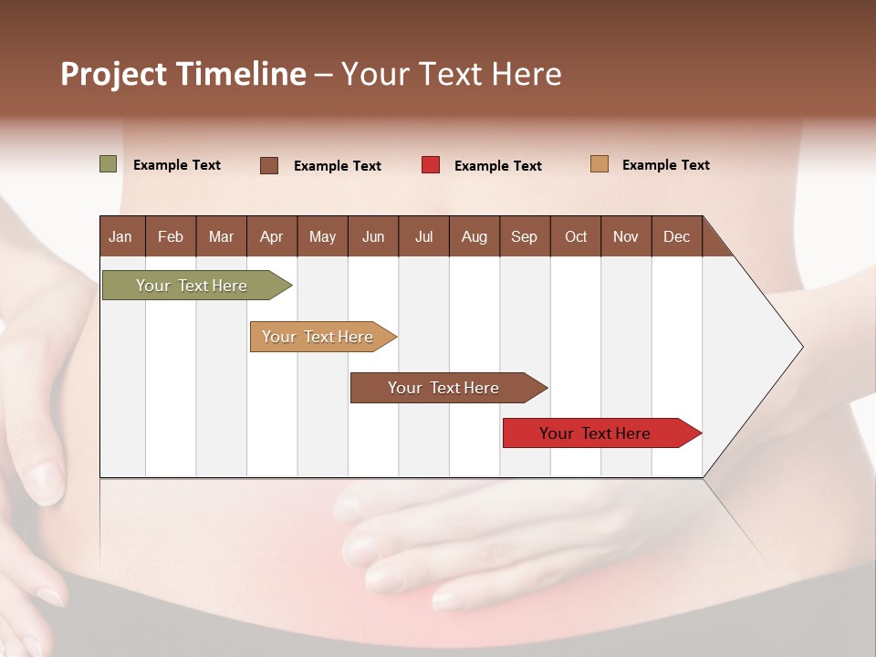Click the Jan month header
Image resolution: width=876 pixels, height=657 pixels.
click(x=120, y=236)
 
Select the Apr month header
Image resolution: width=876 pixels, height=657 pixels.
click(x=271, y=236)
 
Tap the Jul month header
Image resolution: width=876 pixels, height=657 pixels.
click(x=423, y=236)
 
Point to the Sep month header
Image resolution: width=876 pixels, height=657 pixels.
click(x=524, y=236)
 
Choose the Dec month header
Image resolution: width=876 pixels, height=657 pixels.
click(x=676, y=236)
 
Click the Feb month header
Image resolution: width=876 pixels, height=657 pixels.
click(x=171, y=236)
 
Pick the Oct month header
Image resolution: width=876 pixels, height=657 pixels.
click(x=576, y=236)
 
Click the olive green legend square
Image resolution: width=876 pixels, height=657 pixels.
click(x=109, y=164)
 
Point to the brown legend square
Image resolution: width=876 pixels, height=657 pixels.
click(x=269, y=165)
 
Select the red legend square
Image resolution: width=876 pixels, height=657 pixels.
click(x=431, y=165)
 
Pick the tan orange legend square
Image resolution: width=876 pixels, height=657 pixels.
click(x=600, y=164)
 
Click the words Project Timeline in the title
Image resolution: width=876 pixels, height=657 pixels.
click(x=183, y=74)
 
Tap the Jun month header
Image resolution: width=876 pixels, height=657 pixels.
click(x=373, y=236)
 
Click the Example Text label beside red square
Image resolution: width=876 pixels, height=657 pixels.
click(x=497, y=166)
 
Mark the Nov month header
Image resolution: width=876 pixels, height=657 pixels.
click(x=626, y=236)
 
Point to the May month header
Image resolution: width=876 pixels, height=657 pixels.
click(x=322, y=236)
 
